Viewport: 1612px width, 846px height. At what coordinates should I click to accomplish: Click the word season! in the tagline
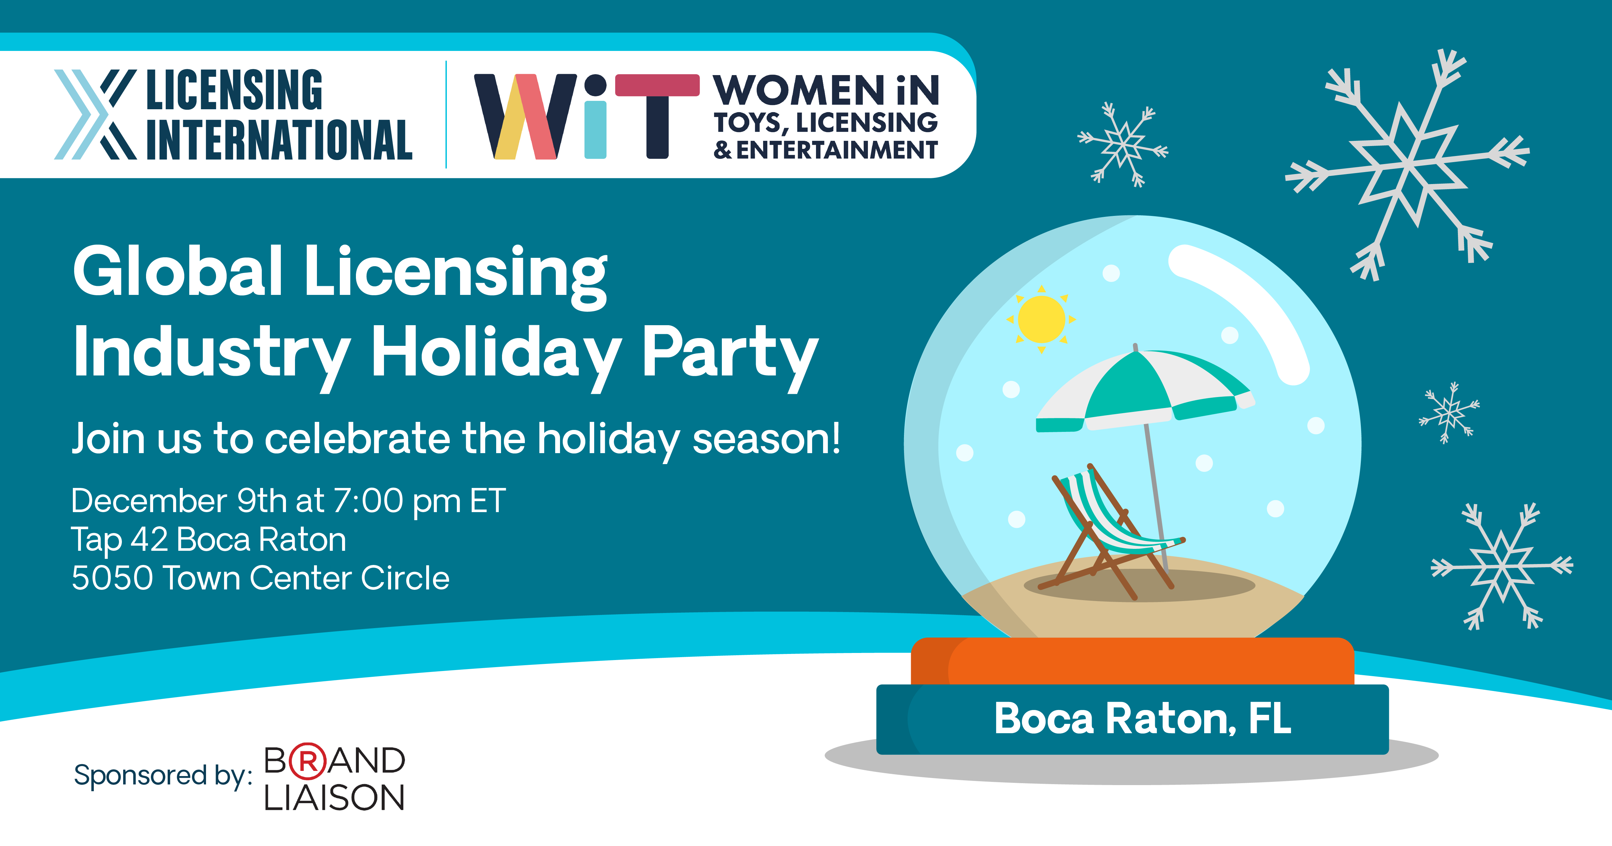767,439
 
